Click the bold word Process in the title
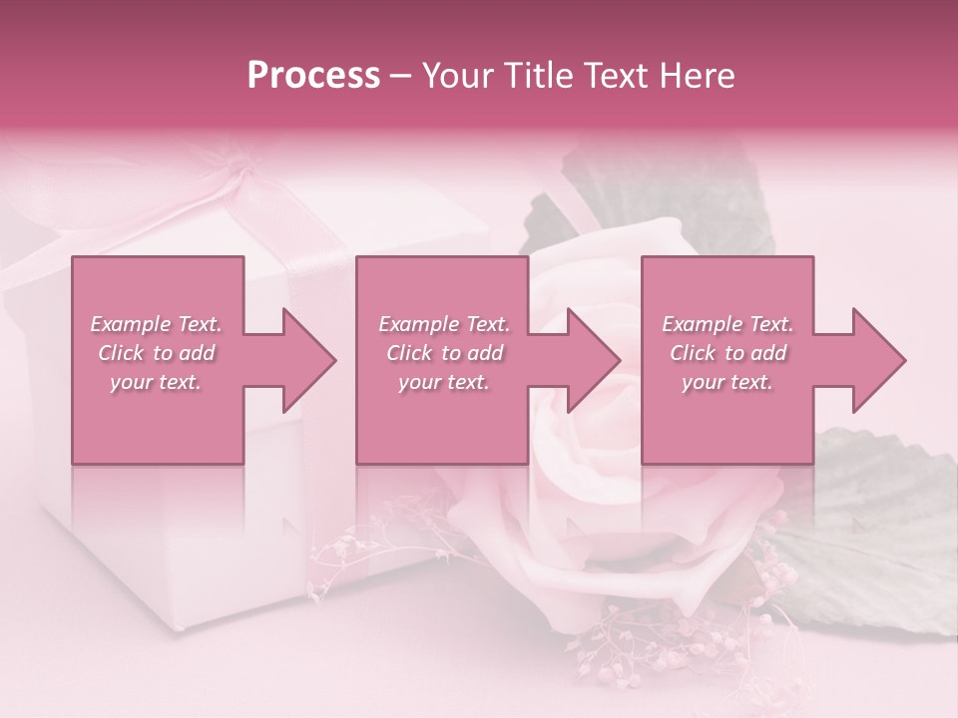pyautogui.click(x=313, y=76)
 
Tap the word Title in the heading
pyautogui.click(x=541, y=76)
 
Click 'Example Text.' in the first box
pyautogui.click(x=156, y=324)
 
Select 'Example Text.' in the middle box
pyautogui.click(x=443, y=324)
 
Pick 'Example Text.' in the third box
pyautogui.click(x=727, y=324)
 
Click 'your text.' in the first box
pyautogui.click(x=156, y=382)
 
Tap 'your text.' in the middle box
pyautogui.click(x=443, y=382)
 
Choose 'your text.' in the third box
pyautogui.click(x=727, y=382)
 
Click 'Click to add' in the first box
pyautogui.click(x=156, y=353)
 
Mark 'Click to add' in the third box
pyautogui.click(x=727, y=353)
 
